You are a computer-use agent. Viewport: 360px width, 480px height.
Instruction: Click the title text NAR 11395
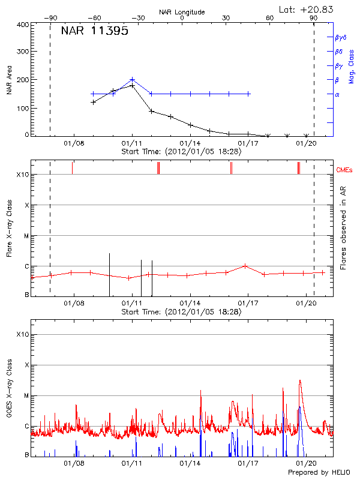tap(94, 32)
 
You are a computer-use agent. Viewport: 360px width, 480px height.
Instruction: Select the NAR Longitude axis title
tap(182, 11)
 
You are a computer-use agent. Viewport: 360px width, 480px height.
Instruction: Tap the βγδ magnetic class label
tap(340, 37)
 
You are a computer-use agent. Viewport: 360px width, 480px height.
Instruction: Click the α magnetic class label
tap(337, 94)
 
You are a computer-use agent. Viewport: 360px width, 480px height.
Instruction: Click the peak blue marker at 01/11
tap(133, 79)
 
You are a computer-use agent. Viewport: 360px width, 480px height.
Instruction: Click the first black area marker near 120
tap(93, 102)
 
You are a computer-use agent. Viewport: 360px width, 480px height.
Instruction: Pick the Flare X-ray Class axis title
tap(9, 228)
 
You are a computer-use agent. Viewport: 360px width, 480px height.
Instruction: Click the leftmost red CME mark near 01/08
tap(72, 168)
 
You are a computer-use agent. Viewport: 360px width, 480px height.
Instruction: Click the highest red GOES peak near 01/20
tap(300, 380)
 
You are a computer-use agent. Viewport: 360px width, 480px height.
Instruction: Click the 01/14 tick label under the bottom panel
tap(190, 463)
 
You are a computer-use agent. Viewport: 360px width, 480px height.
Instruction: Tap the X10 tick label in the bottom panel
tap(22, 335)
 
